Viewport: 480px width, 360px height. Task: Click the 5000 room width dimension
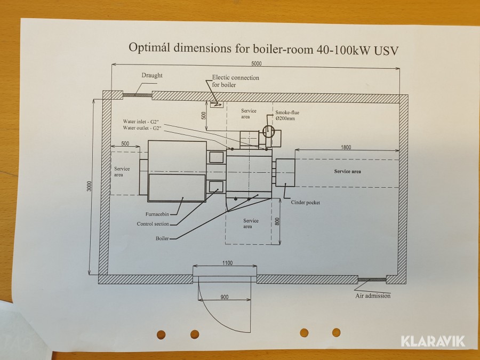[x=257, y=63]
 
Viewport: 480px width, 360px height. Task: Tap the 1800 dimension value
[x=346, y=147]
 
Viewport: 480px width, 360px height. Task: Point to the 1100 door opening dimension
[x=227, y=262]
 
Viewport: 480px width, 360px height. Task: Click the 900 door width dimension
[x=225, y=297]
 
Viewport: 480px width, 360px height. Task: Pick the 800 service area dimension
[x=277, y=221]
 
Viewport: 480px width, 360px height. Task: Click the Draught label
[x=152, y=75]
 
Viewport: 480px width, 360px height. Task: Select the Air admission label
[x=373, y=295]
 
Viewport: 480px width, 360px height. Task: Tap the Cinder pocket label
[x=306, y=202]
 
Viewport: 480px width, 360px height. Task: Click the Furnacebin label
[x=157, y=214]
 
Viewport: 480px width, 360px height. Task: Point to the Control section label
[x=153, y=224]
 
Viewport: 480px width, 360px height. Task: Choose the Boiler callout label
[x=162, y=238]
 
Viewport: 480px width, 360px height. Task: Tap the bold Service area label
[x=347, y=171]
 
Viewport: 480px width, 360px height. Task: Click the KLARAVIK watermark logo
[x=433, y=341]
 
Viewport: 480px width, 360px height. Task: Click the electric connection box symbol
[x=217, y=105]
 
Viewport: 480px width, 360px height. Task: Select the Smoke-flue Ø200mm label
[x=287, y=115]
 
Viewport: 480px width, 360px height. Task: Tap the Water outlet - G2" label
[x=142, y=128]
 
